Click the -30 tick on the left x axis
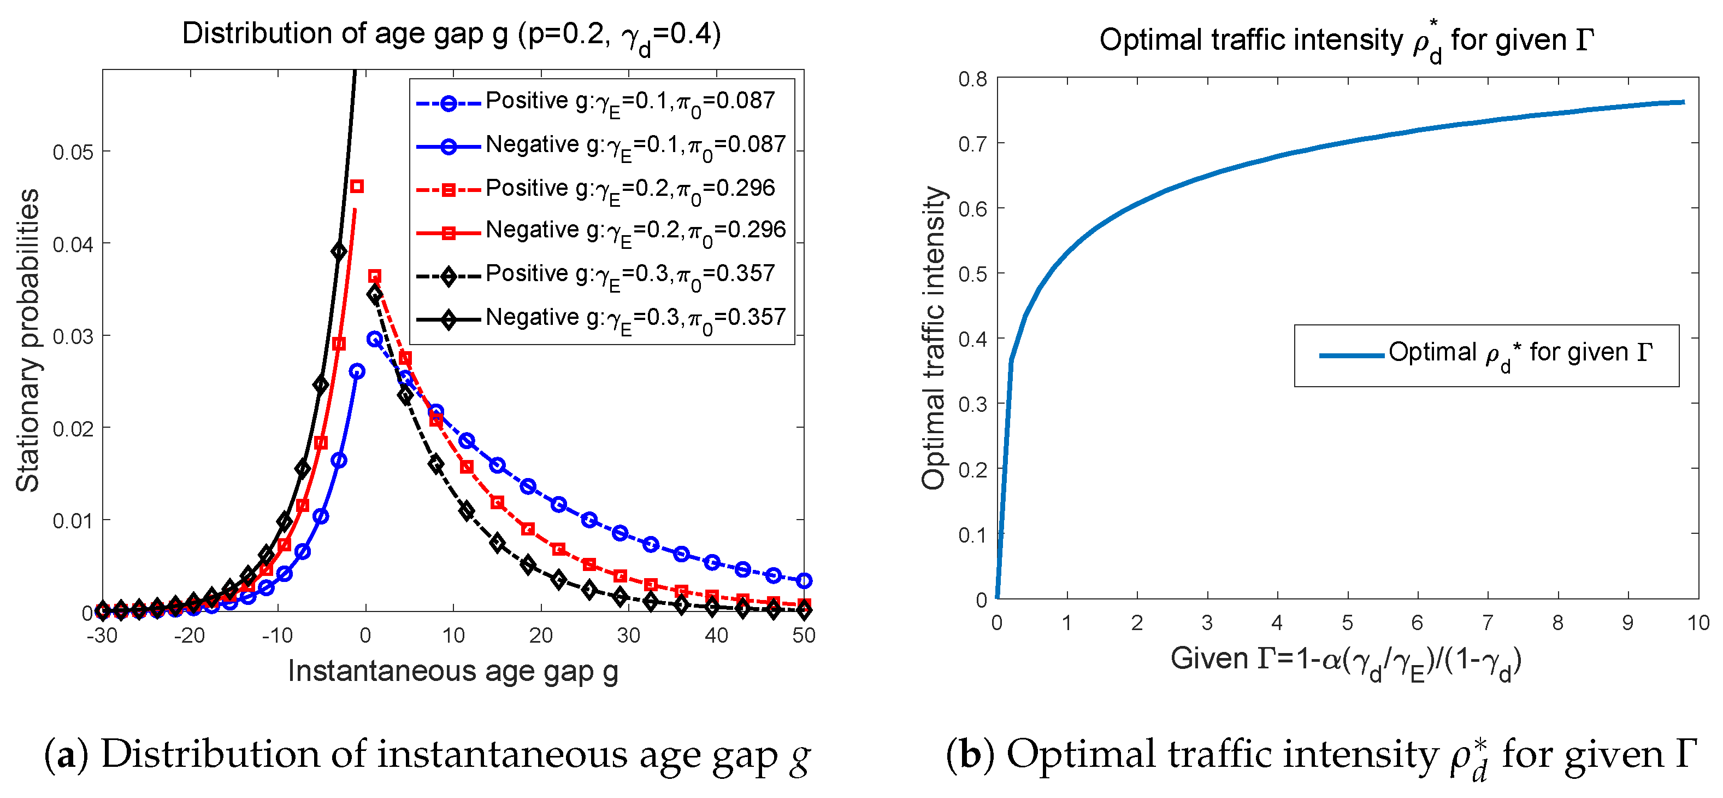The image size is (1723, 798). [102, 634]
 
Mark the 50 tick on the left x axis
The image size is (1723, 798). [803, 634]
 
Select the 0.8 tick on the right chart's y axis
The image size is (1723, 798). [972, 79]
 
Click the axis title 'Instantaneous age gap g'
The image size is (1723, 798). [453, 671]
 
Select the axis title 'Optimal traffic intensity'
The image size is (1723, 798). [934, 338]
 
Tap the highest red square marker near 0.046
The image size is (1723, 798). [357, 186]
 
